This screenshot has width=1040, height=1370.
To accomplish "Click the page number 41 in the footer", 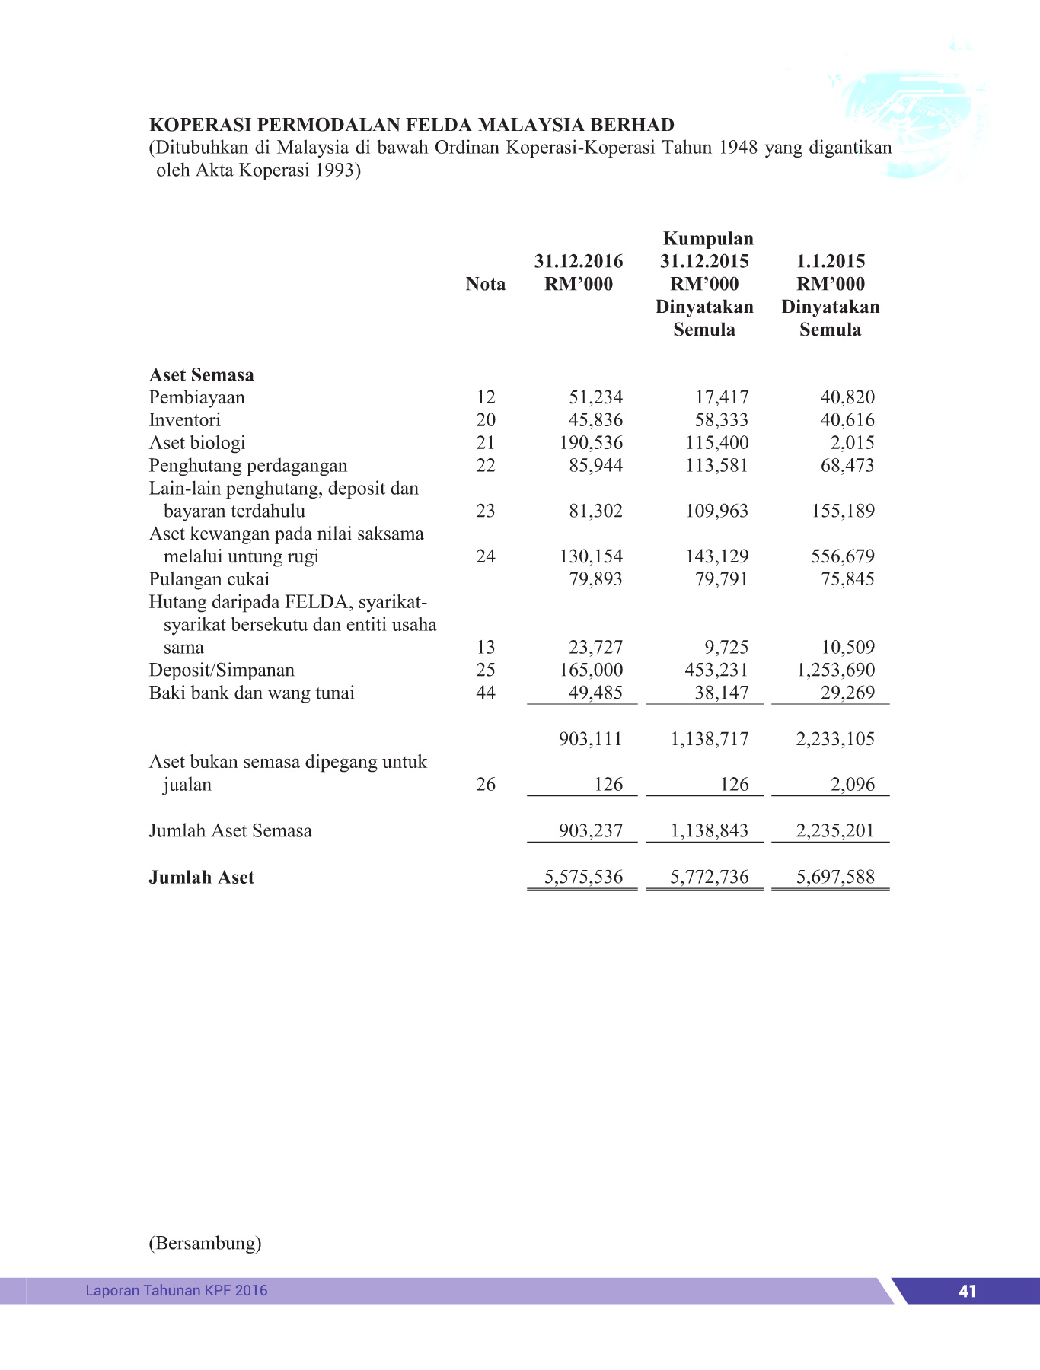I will (x=968, y=1291).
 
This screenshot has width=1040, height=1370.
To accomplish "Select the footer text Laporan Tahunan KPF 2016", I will (x=176, y=1290).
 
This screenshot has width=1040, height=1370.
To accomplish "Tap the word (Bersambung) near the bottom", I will (x=205, y=1243).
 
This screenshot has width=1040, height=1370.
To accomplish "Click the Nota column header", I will (x=486, y=284).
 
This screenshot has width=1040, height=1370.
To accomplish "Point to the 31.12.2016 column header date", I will (x=578, y=261).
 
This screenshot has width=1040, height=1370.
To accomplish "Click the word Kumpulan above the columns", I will (x=708, y=238).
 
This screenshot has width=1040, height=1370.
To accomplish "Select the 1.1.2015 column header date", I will (x=831, y=261).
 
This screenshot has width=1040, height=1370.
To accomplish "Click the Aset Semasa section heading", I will (x=202, y=374).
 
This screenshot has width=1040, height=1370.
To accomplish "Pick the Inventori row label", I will (x=185, y=420).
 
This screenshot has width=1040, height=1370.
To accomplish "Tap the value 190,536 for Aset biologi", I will (x=591, y=443).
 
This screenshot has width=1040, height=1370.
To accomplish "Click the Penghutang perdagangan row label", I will (x=248, y=466).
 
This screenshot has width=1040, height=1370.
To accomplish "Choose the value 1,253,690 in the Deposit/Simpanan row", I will (x=835, y=670).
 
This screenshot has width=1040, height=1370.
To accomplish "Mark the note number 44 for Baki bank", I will (x=486, y=693).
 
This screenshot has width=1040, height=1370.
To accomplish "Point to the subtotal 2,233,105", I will (x=835, y=739).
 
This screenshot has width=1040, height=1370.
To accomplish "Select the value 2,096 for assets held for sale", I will (x=853, y=785).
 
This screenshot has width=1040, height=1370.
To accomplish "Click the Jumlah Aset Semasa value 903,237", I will (x=591, y=830).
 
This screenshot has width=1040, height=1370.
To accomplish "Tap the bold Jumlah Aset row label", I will (x=202, y=878).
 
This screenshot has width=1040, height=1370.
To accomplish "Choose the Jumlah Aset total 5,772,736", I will (x=710, y=878).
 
